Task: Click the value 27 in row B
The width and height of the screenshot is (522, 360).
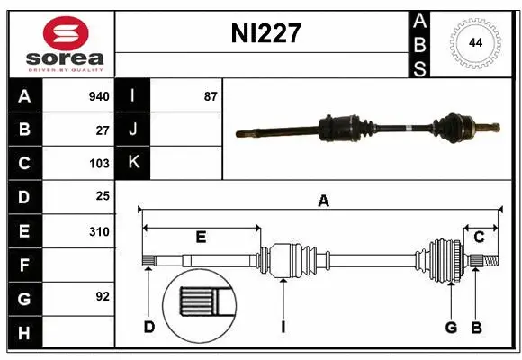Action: pos(103,130)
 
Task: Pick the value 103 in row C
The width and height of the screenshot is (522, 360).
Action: pos(99,164)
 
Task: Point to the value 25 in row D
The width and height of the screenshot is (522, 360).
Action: pos(103,196)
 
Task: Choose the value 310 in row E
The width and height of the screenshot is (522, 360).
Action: pos(99,231)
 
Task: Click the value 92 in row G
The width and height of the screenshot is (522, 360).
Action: pos(103,295)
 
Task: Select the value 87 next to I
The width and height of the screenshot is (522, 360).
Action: pos(211,95)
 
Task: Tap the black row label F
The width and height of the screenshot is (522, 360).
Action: pos(24,265)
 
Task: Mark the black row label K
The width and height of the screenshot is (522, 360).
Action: pos(134,163)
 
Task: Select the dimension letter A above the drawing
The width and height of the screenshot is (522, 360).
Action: pos(323,202)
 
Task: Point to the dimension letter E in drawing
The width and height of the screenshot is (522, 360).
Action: pos(201,238)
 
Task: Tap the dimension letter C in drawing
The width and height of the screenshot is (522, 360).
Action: pos(480,238)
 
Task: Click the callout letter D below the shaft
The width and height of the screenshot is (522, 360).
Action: pos(148,327)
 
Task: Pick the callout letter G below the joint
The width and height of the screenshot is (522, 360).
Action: pos(451,327)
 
